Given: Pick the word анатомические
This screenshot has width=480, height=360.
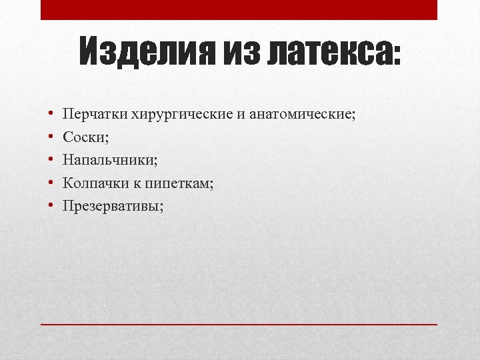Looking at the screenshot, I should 303,114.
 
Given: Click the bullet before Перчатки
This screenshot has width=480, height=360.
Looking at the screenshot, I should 51,115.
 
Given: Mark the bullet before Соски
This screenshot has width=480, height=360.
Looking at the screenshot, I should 51,137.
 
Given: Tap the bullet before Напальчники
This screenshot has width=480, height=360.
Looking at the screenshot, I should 51,161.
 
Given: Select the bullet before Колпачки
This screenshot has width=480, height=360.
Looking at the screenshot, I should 51,183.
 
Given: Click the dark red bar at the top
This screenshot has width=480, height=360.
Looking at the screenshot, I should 239,9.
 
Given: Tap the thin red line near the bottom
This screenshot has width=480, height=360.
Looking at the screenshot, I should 239,324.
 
